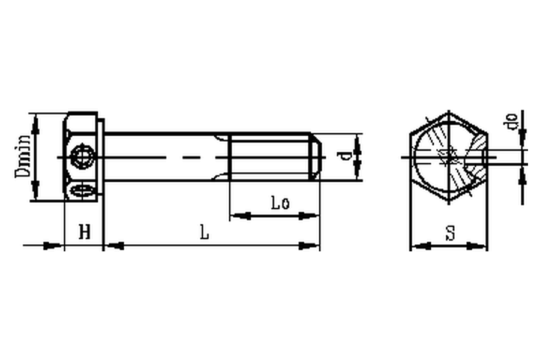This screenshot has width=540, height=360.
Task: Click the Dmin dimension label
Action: click(23, 156)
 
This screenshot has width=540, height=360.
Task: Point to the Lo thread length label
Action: click(280, 203)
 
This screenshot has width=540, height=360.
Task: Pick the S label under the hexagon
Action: click(450, 233)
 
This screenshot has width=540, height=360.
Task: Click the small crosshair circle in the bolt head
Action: click(82, 157)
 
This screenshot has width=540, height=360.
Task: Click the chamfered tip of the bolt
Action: click(316, 157)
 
